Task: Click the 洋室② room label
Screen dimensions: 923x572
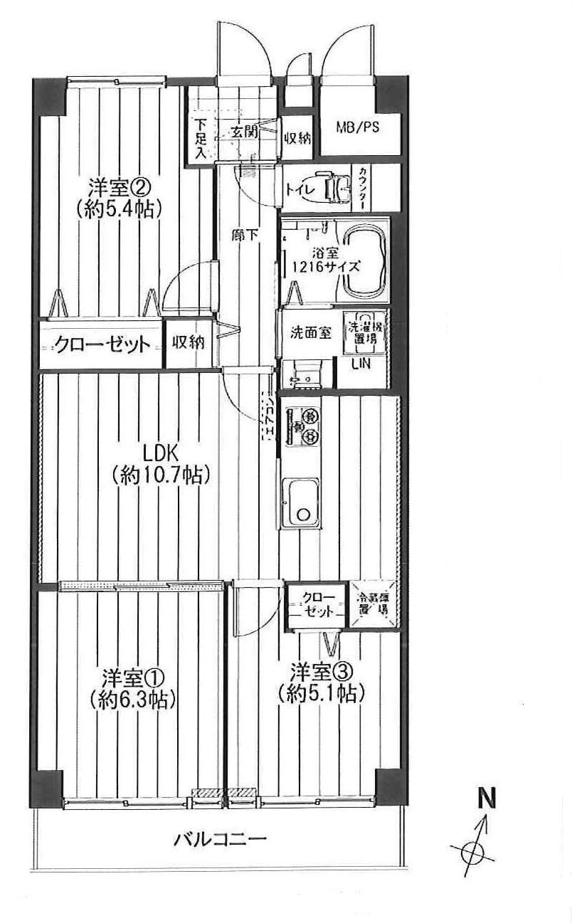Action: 118,188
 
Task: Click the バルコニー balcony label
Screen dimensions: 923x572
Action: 221,839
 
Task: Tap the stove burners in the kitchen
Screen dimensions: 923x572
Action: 309,426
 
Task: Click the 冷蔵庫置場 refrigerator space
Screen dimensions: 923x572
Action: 374,603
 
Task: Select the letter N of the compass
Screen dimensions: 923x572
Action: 485,798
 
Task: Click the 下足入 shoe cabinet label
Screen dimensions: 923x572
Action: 200,138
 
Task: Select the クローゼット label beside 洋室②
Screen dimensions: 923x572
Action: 102,345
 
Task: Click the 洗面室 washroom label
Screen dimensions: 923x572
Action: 310,333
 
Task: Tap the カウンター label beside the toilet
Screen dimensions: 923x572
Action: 362,188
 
